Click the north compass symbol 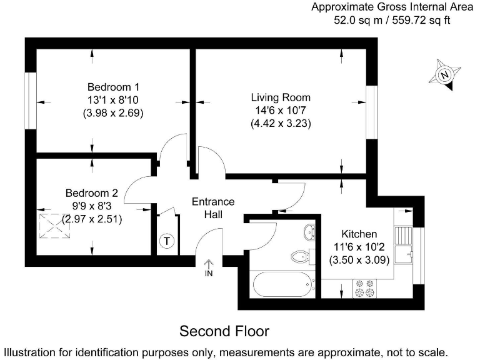tap(444, 75)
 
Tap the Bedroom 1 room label tap(113, 86)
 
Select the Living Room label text tap(280, 97)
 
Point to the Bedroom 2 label tap(92, 193)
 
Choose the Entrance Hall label tap(213, 208)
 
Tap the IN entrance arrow tap(209, 267)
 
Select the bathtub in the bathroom tap(283, 285)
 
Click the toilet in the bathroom tap(301, 256)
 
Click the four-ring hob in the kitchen tap(364, 288)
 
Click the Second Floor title tap(224, 330)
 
